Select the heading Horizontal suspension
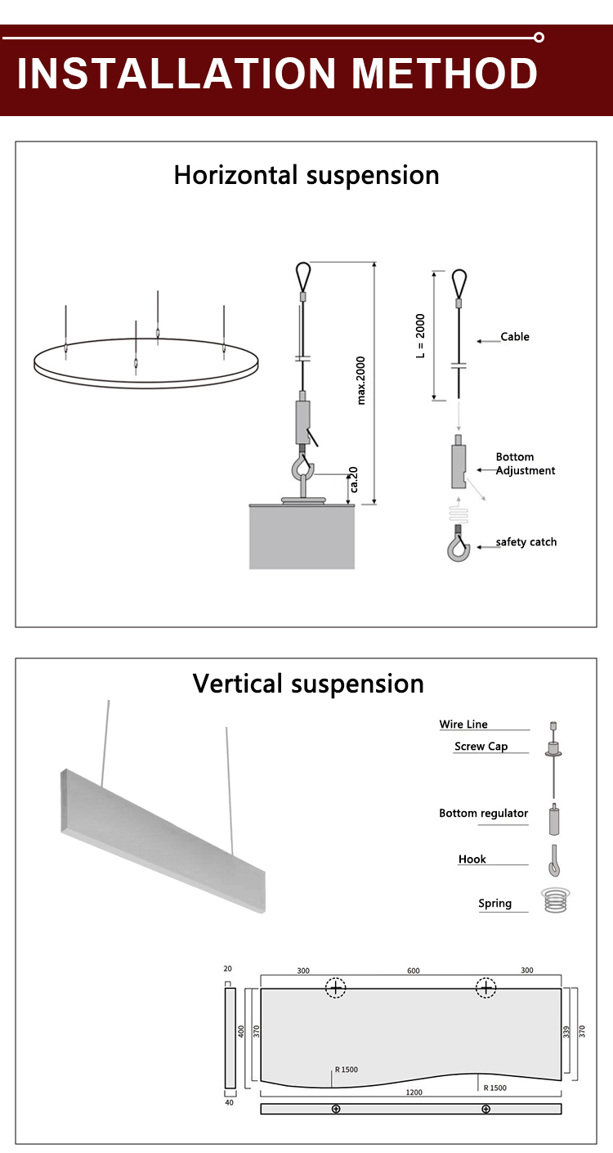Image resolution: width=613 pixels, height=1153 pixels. pyautogui.click(x=306, y=175)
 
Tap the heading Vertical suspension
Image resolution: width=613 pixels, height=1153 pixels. pyautogui.click(x=308, y=684)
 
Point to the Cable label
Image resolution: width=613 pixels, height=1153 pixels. pyautogui.click(x=515, y=337)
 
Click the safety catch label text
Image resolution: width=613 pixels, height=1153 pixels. pyautogui.click(x=526, y=542)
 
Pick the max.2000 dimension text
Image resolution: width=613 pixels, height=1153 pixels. pyautogui.click(x=361, y=380)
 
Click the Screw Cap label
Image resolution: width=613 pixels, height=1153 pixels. pyautogui.click(x=481, y=747)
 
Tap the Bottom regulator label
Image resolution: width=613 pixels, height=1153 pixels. pyautogui.click(x=484, y=814)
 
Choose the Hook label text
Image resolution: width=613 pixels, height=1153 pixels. pyautogui.click(x=472, y=859)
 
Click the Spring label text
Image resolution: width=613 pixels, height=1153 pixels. pyautogui.click(x=495, y=904)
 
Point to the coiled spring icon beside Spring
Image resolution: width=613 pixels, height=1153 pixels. pyautogui.click(x=556, y=900)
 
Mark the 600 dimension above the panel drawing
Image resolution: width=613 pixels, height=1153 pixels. pyautogui.click(x=414, y=971)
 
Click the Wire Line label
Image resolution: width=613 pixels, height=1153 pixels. pyautogui.click(x=463, y=725)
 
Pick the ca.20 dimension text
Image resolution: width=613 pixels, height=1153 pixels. pyautogui.click(x=352, y=483)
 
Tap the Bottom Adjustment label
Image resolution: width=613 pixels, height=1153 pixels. pyautogui.click(x=526, y=464)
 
